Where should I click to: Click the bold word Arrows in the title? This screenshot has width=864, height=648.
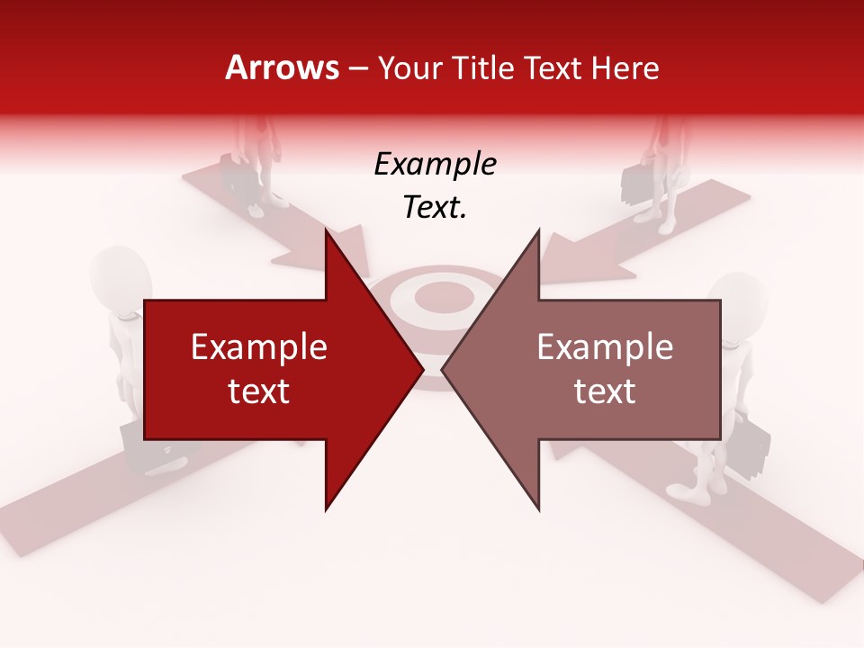coord(283,67)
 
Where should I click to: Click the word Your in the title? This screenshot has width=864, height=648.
coord(409,67)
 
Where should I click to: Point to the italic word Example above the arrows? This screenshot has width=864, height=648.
coord(435,165)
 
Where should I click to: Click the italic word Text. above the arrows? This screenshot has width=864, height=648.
coord(435,208)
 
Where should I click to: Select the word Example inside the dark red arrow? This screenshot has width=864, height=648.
coord(259,347)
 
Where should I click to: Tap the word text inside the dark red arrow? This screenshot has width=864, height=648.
coord(259,391)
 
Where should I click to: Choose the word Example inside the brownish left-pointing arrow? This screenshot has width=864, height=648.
coord(605,347)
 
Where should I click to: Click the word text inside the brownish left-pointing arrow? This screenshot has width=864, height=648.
coord(605,391)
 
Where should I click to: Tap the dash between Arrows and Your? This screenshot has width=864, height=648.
coord(357,68)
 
